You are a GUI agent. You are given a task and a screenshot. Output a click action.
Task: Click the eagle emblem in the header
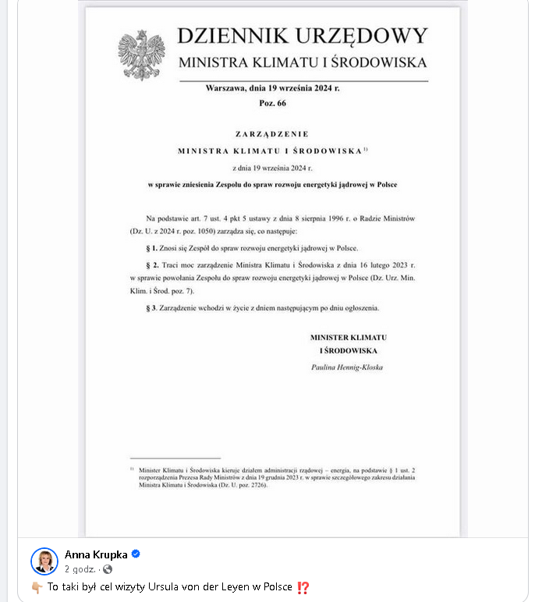click(141, 54)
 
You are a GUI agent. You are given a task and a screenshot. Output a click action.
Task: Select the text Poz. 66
click(272, 103)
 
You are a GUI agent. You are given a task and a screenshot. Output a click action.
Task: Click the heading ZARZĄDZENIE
click(272, 134)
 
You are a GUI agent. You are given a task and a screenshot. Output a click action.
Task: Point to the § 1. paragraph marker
click(153, 247)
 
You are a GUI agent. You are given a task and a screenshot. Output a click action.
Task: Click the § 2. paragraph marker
click(153, 267)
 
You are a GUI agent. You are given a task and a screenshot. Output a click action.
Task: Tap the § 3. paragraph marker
click(153, 308)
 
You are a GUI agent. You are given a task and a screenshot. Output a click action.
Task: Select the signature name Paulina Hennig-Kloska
click(347, 367)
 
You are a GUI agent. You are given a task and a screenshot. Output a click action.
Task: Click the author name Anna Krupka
click(96, 554)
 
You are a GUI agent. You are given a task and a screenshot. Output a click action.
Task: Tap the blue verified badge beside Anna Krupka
click(135, 554)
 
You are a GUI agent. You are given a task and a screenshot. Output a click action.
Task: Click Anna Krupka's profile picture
click(44, 561)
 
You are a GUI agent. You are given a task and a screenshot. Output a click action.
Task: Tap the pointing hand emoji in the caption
click(37, 587)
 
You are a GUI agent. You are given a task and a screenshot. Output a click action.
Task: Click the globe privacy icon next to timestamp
click(108, 569)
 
